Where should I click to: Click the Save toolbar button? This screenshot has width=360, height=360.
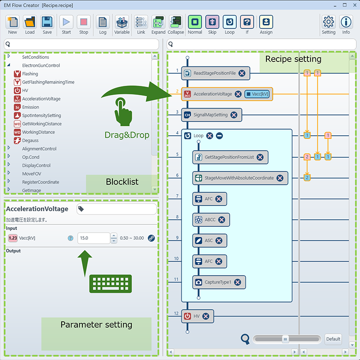click(47, 25)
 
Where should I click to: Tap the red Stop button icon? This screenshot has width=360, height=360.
click(83, 22)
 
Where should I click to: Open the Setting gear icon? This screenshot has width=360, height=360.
click(328, 22)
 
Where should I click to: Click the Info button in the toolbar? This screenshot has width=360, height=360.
click(346, 25)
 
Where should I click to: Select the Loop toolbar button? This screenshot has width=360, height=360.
click(229, 25)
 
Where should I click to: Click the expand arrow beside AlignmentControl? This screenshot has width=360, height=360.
click(9, 148)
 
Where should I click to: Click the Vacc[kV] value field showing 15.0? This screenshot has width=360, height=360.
click(94, 238)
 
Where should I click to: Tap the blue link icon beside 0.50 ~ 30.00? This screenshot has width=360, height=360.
click(151, 238)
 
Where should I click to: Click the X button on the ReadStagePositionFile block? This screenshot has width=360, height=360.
click(242, 73)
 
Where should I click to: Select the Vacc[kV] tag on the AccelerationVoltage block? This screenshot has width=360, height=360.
click(257, 94)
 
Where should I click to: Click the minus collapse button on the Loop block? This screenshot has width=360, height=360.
click(219, 136)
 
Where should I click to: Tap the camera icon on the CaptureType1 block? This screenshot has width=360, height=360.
click(198, 282)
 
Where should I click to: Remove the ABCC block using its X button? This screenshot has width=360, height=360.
click(221, 220)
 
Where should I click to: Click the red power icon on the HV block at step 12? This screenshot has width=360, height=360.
click(187, 316)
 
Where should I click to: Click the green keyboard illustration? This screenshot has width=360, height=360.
click(111, 284)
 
